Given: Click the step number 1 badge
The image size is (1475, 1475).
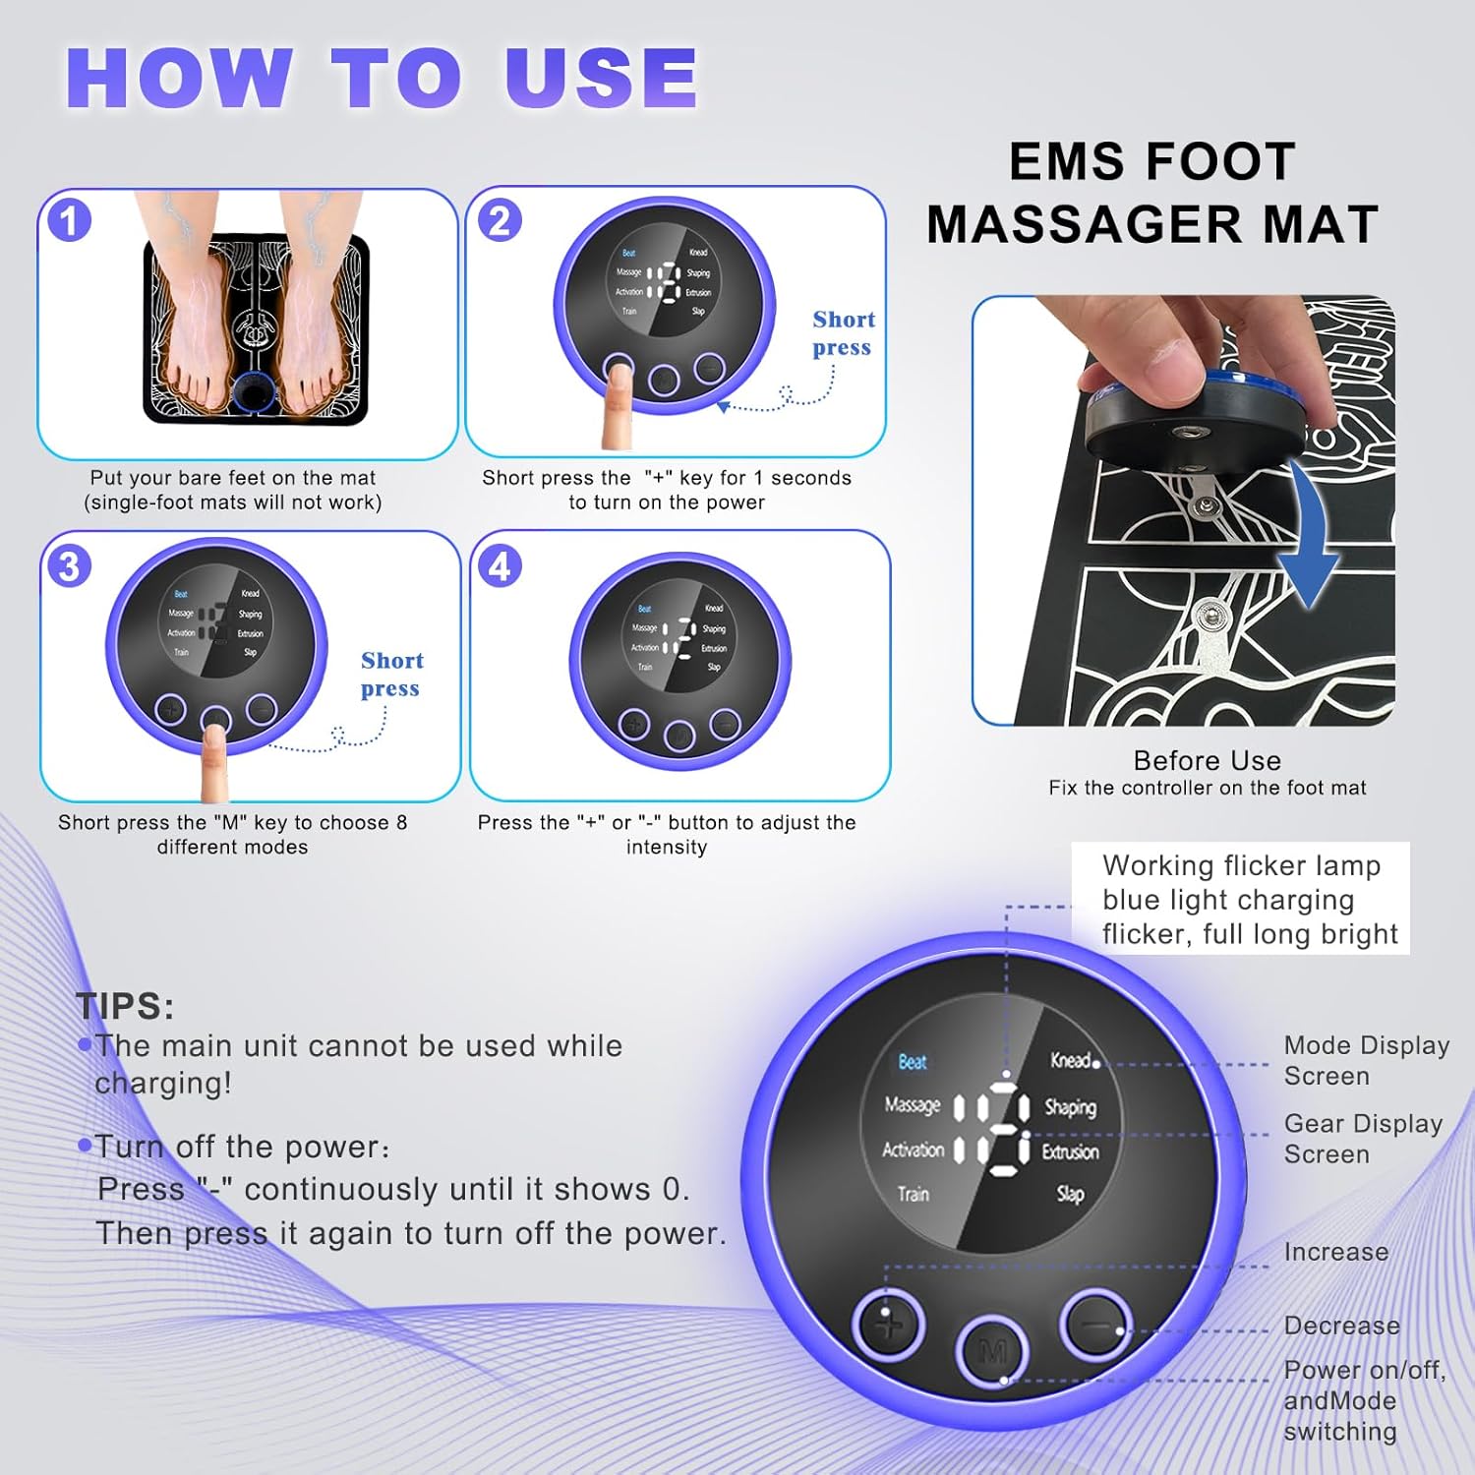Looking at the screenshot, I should (69, 220).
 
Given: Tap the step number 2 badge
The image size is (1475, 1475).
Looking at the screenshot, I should (500, 220).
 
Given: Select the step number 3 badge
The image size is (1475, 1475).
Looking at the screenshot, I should (69, 566).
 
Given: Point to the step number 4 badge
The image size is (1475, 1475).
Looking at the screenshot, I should (500, 566).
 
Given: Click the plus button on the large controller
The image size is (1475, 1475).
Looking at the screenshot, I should (888, 1325).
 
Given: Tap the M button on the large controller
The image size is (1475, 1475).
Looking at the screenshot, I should (992, 1352).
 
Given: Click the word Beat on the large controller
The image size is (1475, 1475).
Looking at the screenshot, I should (912, 1062).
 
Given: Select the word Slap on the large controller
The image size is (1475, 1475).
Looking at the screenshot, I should (1070, 1194).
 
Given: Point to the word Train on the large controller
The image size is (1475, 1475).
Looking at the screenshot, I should (913, 1194).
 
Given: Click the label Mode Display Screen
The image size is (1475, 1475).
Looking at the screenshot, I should (1365, 1060).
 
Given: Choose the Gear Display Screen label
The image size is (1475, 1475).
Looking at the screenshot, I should (1362, 1139).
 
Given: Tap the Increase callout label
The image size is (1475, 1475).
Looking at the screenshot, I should (1336, 1252).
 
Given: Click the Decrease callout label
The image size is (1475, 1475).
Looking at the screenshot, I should (1341, 1326).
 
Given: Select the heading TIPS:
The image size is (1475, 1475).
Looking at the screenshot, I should (125, 1006).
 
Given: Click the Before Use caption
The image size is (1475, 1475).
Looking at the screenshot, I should (1207, 760).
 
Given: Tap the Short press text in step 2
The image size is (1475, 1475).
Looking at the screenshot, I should (843, 333).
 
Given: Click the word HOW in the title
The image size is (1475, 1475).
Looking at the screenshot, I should (179, 79).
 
